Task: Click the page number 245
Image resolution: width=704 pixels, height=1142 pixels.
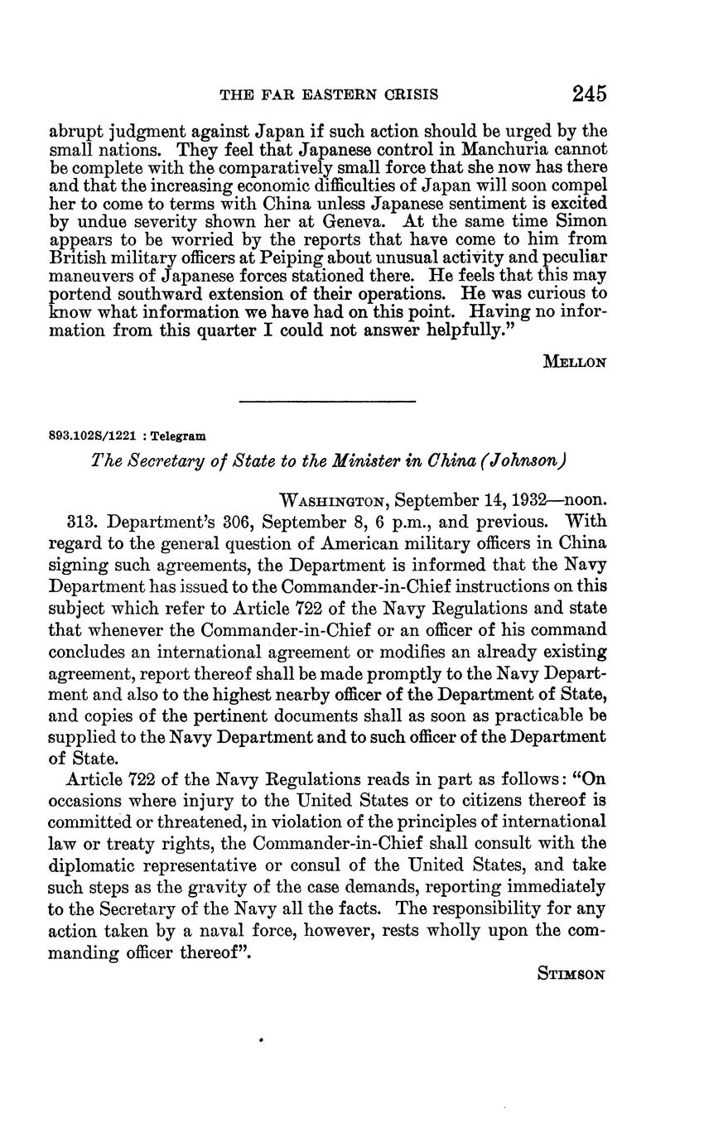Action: (x=589, y=93)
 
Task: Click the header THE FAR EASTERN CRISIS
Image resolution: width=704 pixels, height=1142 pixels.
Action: (x=329, y=95)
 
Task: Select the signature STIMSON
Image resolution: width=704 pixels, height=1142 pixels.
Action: (x=572, y=974)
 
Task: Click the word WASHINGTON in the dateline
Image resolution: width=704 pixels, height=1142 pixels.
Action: (x=335, y=501)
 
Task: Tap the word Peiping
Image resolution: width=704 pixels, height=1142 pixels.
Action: (x=313, y=257)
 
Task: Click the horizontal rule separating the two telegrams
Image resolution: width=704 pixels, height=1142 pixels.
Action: (x=326, y=402)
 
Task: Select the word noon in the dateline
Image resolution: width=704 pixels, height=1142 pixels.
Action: (x=588, y=501)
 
